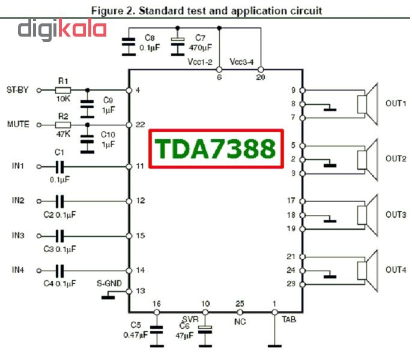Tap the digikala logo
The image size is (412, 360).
tap(62, 30)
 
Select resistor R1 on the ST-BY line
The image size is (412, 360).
tap(62, 90)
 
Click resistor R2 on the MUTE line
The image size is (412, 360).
tap(62, 125)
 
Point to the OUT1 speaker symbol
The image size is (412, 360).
tap(366, 103)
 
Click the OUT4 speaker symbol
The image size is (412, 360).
tap(366, 270)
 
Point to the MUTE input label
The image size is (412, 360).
tap(17, 125)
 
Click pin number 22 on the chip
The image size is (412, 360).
tap(141, 125)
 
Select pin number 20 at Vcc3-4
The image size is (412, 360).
tap(260, 77)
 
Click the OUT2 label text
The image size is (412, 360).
tap(396, 159)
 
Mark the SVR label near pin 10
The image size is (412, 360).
tap(190, 319)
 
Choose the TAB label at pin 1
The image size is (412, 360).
tap(289, 320)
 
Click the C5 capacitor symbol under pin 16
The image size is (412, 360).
tap(157, 328)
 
